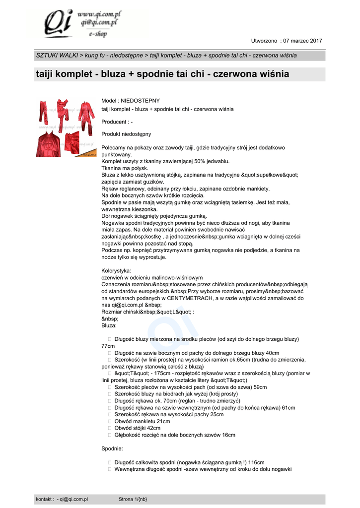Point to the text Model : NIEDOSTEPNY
131,101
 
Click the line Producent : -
117,122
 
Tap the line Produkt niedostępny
126,134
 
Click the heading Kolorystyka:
116,271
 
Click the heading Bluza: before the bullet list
109,325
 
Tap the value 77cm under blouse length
108,346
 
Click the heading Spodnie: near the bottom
112,448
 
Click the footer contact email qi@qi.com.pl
73,499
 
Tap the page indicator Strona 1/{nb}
133,499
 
